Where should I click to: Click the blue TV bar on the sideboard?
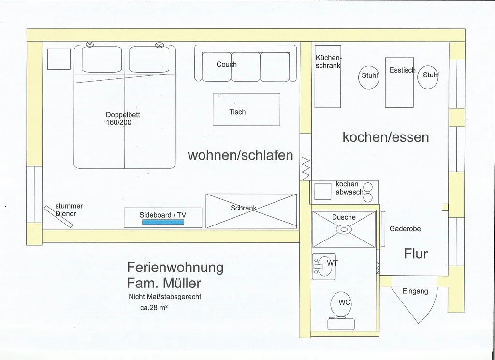[162, 222]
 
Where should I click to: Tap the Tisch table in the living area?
[246, 109]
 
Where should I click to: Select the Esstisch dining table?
[399, 82]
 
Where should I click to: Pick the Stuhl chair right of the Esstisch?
[428, 76]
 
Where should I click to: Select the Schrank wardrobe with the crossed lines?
[251, 210]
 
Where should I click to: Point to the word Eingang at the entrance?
[415, 291]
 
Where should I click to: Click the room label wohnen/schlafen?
[240, 155]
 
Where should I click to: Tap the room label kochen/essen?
[385, 137]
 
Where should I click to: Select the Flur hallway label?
[416, 254]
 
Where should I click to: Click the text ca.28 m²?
[154, 306]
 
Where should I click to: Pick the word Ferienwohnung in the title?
[175, 267]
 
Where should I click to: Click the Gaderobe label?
[405, 229]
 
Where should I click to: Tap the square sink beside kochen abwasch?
[322, 192]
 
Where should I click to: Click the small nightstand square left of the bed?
[59, 59]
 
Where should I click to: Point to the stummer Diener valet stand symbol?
[58, 216]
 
